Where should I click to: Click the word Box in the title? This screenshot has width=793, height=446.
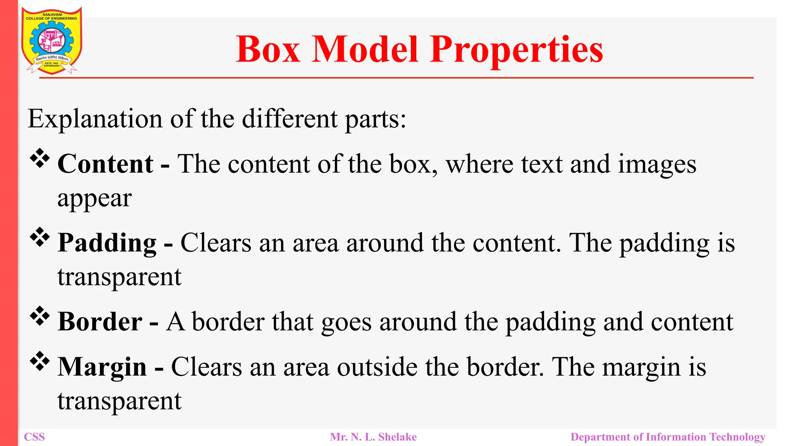point(268,50)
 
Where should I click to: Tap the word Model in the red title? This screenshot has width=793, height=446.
point(365,50)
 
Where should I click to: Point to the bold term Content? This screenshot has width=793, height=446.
point(105,164)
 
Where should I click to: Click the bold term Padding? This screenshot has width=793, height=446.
point(107,243)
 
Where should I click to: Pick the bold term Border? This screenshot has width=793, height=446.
point(100,322)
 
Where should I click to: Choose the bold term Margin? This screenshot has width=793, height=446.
point(102,367)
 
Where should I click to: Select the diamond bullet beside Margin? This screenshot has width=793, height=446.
point(40,361)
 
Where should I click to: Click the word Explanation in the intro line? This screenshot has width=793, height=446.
point(95,119)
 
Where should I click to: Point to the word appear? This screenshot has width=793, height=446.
point(94,199)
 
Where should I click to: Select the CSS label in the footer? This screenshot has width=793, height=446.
point(34,437)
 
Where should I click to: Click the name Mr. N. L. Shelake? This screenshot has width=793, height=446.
point(373,437)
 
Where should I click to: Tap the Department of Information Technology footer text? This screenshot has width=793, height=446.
point(668,437)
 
